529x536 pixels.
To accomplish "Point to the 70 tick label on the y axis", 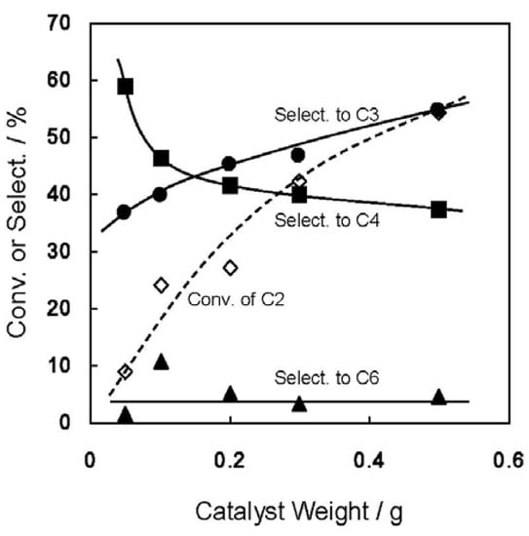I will pyautogui.click(x=60, y=23).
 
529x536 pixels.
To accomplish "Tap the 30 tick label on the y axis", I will pyautogui.click(x=60, y=251).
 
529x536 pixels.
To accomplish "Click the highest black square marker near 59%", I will pyautogui.click(x=125, y=86).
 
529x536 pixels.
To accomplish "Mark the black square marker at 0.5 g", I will pyautogui.click(x=438, y=210).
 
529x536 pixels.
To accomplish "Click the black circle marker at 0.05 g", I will pyautogui.click(x=124, y=211).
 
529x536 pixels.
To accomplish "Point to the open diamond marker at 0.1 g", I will pyautogui.click(x=161, y=285).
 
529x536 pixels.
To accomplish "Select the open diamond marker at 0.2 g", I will pyautogui.click(x=230, y=267).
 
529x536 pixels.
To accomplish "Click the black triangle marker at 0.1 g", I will pyautogui.click(x=161, y=362).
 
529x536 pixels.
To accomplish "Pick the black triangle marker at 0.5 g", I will pyautogui.click(x=438, y=397).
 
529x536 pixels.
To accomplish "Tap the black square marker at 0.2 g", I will pyautogui.click(x=230, y=185).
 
